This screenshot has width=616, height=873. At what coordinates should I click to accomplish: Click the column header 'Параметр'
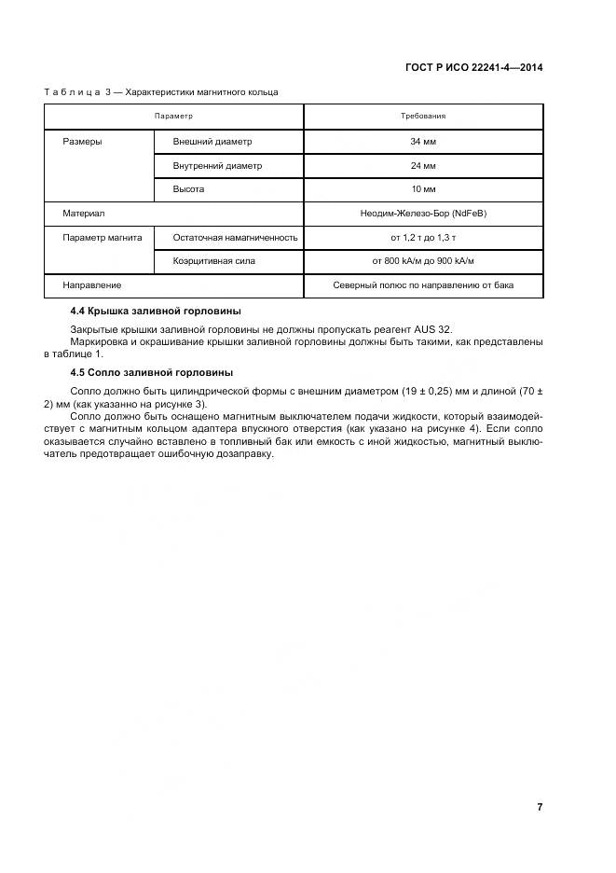click(x=173, y=117)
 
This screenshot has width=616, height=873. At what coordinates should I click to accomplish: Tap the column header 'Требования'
click(x=423, y=117)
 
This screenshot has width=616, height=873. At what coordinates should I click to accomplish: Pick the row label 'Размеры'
click(x=82, y=142)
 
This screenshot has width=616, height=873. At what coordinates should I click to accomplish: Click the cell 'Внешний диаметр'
click(x=212, y=142)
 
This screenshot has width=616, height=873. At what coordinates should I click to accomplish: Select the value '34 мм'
click(x=423, y=142)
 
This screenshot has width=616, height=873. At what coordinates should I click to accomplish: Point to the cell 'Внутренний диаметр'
click(x=217, y=166)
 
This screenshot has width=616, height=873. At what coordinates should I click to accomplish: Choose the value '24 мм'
click(x=423, y=166)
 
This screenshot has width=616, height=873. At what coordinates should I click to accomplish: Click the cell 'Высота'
click(x=188, y=189)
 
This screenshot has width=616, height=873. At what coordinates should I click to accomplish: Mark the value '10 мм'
click(x=423, y=189)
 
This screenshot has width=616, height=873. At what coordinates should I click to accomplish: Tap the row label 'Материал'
click(x=83, y=214)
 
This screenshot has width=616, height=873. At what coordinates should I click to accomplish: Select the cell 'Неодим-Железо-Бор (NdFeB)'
click(x=423, y=214)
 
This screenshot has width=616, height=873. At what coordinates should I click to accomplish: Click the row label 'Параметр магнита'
click(x=102, y=238)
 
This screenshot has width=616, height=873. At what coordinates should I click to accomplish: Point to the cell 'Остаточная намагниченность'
click(x=235, y=238)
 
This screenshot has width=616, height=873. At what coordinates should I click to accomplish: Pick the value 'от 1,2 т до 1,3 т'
click(x=423, y=238)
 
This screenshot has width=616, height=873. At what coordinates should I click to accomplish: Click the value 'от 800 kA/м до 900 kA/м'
click(x=423, y=261)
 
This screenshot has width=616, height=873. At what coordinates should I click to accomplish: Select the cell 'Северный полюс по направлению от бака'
click(x=423, y=285)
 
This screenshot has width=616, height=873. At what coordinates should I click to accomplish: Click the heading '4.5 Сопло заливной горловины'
click(x=151, y=372)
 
